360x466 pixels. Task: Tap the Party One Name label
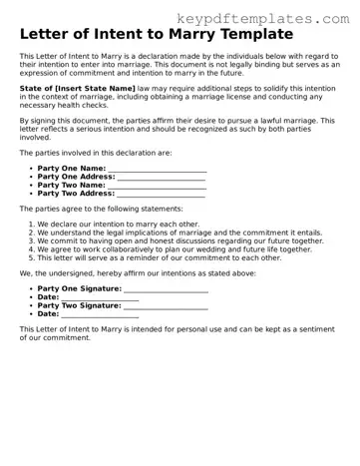coord(70,169)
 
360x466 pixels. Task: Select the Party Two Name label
coord(71,185)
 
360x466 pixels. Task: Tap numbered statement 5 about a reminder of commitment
coord(160,256)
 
